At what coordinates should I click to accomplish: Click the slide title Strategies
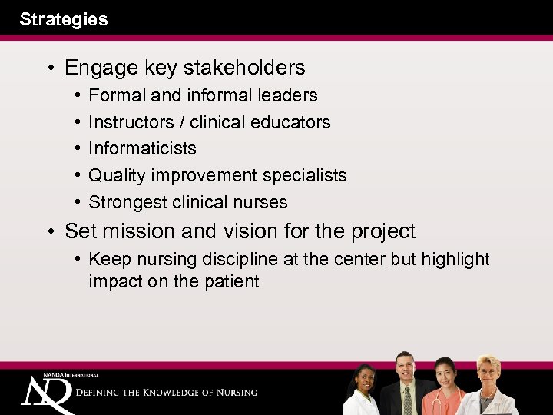tap(64, 19)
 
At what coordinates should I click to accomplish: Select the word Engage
tap(96, 68)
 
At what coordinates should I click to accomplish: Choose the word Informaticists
tap(142, 148)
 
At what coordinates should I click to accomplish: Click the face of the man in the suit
tap(404, 367)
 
